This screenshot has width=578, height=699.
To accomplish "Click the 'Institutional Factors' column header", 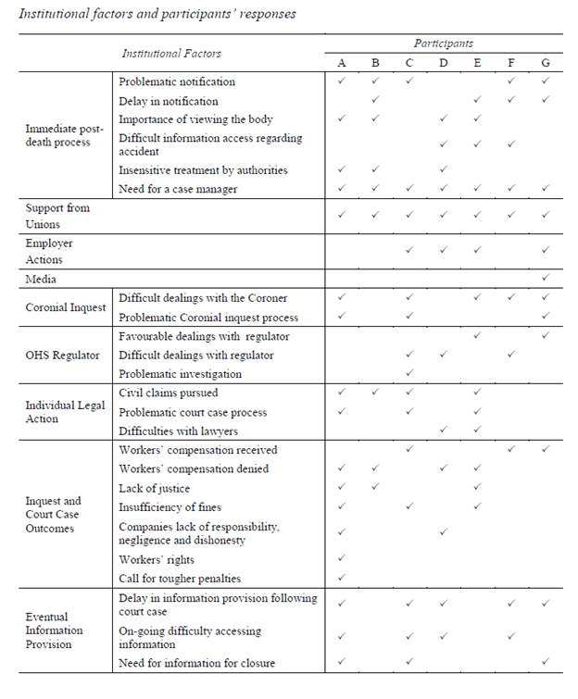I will (171, 54).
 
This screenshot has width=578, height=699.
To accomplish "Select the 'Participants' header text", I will (443, 44).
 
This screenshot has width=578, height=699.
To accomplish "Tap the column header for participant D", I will (443, 63).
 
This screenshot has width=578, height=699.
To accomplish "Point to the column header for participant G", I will (546, 63).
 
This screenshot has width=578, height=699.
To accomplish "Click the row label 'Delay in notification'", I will (169, 100).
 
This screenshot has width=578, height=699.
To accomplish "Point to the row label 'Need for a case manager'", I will (178, 189).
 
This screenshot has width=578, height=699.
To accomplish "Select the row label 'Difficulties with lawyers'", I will (179, 431).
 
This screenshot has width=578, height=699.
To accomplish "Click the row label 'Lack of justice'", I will (155, 488).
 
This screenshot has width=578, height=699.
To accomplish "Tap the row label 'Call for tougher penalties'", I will (180, 579).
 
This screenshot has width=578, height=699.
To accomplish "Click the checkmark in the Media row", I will (546, 278).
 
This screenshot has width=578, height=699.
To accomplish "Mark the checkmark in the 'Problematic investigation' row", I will (409, 374).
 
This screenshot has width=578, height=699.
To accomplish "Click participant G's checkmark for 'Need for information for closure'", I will (546, 662).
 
